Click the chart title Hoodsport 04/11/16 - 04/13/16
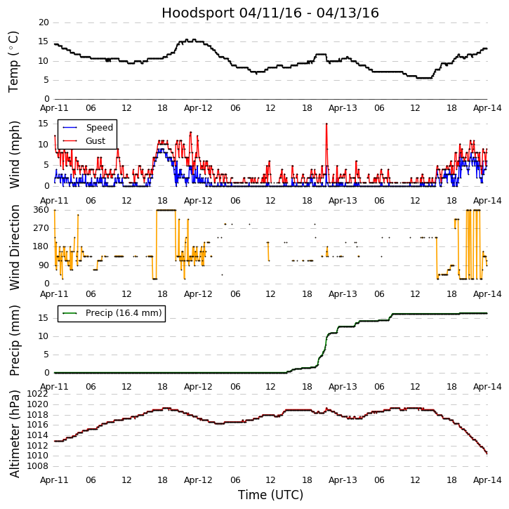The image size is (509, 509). (270, 13)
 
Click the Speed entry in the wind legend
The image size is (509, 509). (99, 128)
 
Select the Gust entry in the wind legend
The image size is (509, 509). (95, 140)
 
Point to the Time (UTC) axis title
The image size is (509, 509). (270, 495)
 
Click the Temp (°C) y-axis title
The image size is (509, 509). (14, 61)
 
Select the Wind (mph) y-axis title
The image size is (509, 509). (14, 154)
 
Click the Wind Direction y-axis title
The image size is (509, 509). (14, 247)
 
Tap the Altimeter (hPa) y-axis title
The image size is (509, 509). (14, 433)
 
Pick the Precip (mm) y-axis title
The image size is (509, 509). (14, 340)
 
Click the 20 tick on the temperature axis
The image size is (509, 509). (44, 22)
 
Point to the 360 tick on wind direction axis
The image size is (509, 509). (41, 210)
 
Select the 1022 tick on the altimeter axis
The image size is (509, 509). (38, 394)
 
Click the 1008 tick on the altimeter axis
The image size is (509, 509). (38, 465)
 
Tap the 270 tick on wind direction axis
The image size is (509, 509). (41, 228)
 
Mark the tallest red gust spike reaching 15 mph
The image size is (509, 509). (326, 124)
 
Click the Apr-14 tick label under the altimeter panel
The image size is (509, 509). (487, 480)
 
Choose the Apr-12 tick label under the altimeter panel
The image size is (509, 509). (198, 480)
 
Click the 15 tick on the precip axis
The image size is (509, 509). (44, 317)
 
